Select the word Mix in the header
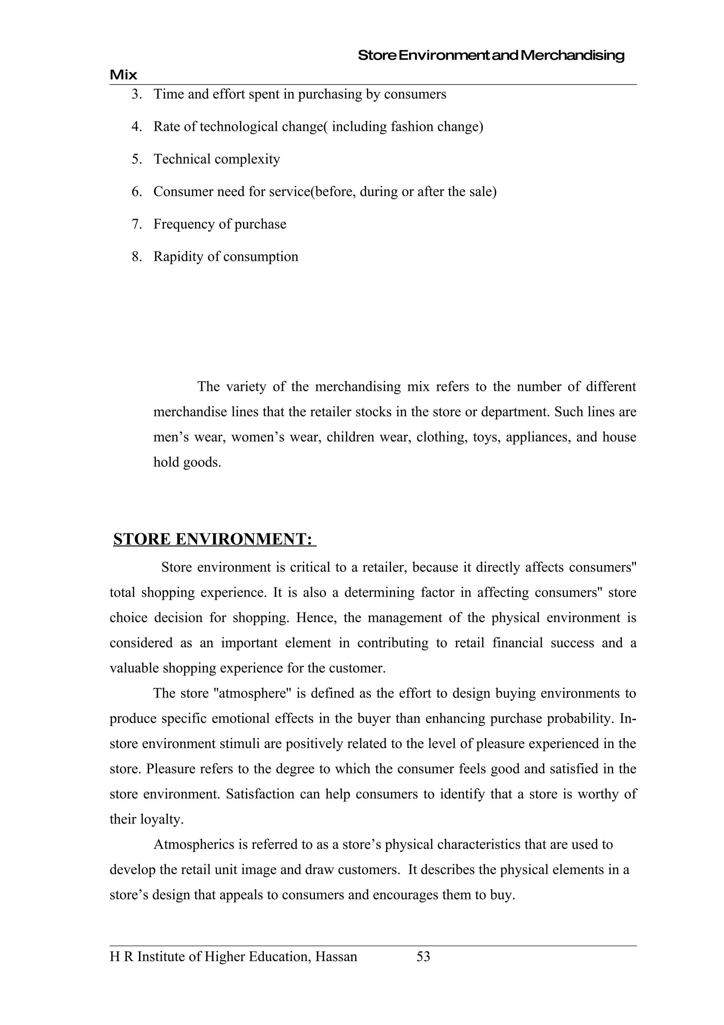pyautogui.click(x=124, y=75)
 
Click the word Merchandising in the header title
pyautogui.click(x=572, y=56)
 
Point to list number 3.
pyautogui.click(x=136, y=94)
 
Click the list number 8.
pyautogui.click(x=136, y=257)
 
